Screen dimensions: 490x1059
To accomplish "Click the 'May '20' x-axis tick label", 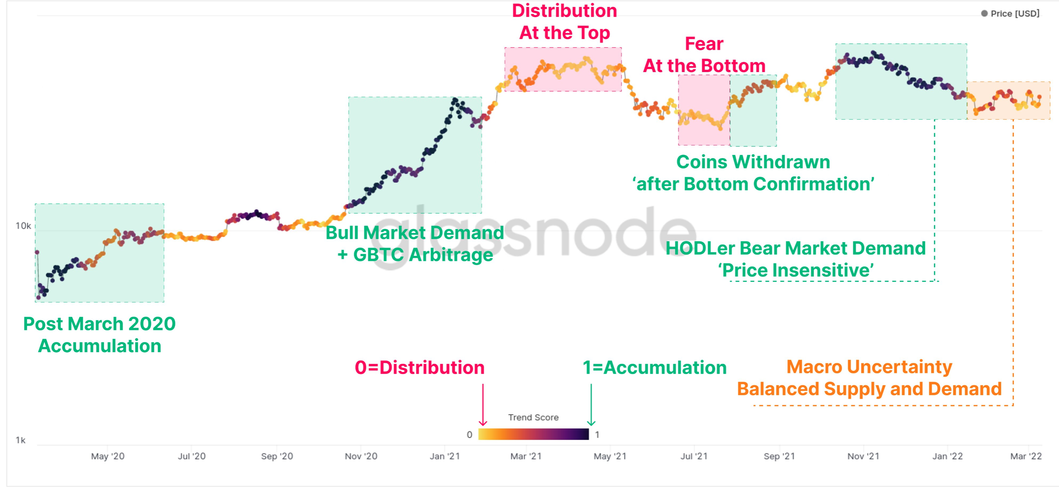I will (107, 456).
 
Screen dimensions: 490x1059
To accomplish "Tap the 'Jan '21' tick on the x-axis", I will (444, 456).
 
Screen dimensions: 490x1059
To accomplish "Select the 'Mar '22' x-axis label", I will (1026, 456).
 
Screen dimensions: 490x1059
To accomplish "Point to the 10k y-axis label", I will (23, 226).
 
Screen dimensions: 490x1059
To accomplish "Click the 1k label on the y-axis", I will (20, 440).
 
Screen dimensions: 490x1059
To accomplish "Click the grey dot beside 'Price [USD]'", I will (984, 13).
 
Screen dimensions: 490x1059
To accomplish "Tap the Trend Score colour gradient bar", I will (533, 434).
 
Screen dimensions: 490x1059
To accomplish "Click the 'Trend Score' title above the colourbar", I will (533, 417).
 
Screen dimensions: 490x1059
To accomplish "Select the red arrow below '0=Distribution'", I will (483, 405).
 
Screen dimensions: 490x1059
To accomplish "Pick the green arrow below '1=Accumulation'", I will (591, 405).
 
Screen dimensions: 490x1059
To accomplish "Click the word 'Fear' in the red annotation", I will (704, 44).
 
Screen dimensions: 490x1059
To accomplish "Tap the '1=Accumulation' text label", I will (655, 368).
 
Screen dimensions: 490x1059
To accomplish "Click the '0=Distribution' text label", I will (419, 368).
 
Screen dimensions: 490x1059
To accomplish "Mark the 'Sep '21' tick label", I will (779, 456).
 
